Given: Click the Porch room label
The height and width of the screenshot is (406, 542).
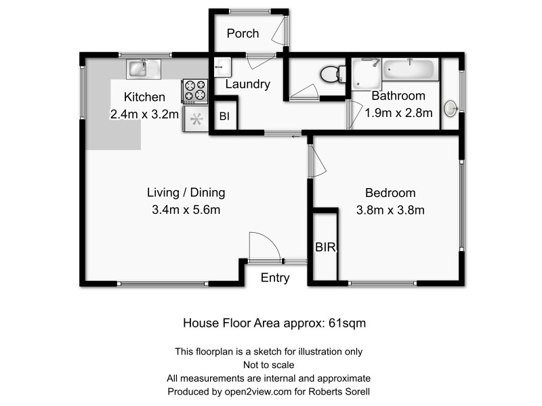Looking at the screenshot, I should [243, 33].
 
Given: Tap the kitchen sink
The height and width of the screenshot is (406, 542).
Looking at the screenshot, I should [143, 68].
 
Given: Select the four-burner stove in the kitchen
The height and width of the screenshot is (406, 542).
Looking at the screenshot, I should [195, 91].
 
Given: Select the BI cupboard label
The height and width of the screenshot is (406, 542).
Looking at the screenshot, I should [225, 116].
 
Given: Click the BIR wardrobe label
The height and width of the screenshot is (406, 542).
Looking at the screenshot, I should [325, 248].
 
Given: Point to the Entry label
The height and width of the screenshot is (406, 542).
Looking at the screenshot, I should [275, 277].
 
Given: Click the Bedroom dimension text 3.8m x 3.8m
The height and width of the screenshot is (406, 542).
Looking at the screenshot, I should [390, 210].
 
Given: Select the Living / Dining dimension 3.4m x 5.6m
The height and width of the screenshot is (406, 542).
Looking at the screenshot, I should [186, 210].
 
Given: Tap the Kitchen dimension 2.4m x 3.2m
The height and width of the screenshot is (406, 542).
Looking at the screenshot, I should [144, 114].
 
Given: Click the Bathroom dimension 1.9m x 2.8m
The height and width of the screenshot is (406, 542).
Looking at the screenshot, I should [398, 113].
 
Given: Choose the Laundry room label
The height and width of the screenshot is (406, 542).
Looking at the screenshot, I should [247, 85].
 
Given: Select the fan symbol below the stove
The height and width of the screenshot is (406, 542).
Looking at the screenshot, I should [196, 120].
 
